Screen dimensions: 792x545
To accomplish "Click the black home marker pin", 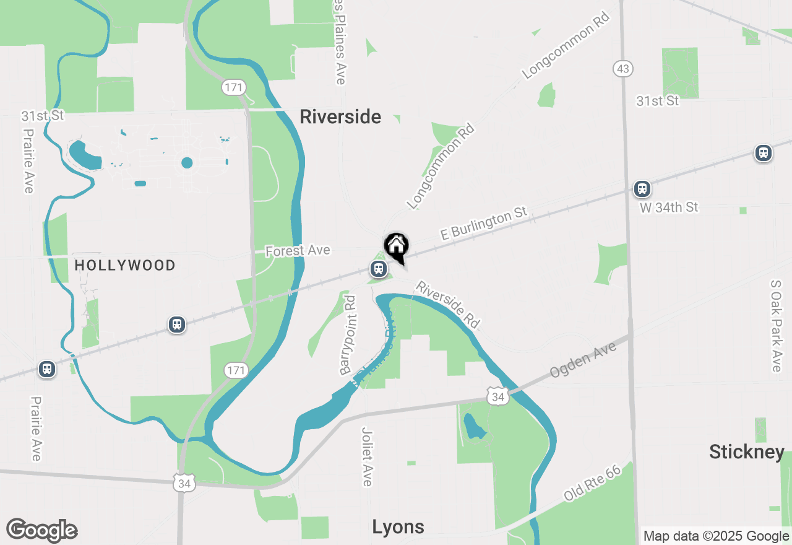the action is [x=396, y=246].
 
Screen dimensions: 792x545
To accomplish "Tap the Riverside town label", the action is [x=340, y=116].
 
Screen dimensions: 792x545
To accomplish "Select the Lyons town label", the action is [x=398, y=527].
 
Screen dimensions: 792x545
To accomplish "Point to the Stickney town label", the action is [x=747, y=452].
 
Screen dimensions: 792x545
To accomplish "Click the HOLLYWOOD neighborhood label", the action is [x=125, y=266].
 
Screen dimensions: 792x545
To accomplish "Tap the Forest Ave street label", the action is [x=298, y=251].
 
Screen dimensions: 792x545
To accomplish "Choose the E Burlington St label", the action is [x=484, y=224].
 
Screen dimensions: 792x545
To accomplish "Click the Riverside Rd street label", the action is [x=448, y=305].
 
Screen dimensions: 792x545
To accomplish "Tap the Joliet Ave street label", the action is [x=368, y=456].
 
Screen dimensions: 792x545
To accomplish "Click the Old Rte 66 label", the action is [x=592, y=484].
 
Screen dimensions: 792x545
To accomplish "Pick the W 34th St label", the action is [x=669, y=207].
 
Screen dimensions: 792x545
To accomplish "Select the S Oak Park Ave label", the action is [x=776, y=326].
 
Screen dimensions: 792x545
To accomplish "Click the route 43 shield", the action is [x=622, y=69].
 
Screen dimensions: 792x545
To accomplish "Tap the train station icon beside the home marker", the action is [x=378, y=269].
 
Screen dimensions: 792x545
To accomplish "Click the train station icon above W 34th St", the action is [x=642, y=188].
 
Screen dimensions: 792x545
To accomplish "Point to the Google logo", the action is [x=42, y=530].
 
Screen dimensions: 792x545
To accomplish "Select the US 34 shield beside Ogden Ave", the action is [x=497, y=396].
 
